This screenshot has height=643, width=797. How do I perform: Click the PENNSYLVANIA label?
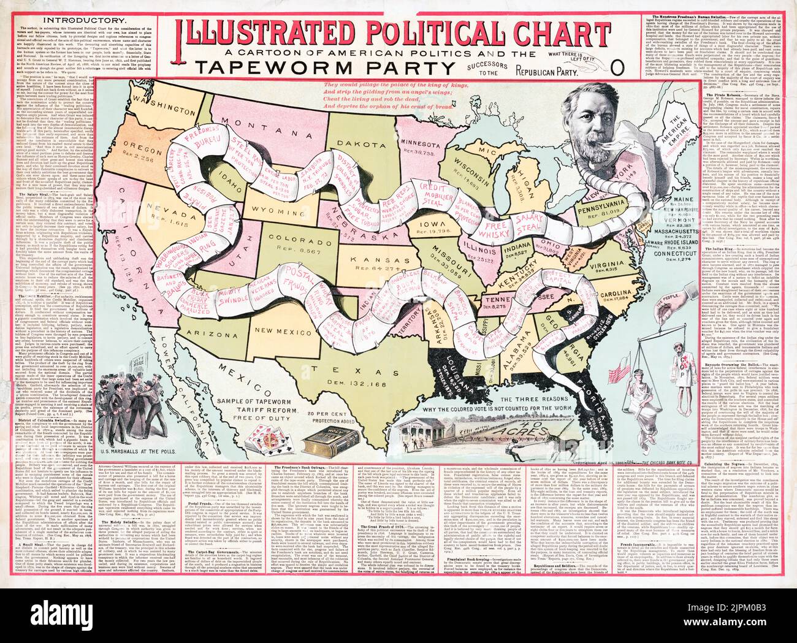(603, 210)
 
